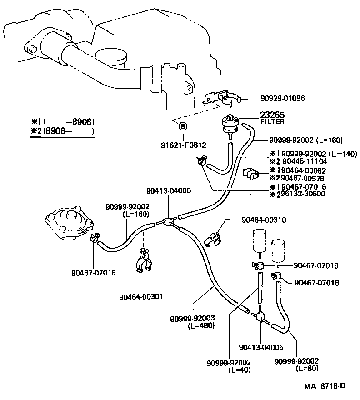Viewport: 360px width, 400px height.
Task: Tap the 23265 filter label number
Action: click(x=272, y=115)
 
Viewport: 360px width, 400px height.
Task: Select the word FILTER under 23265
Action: click(x=272, y=121)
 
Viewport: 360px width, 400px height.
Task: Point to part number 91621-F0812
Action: click(x=183, y=145)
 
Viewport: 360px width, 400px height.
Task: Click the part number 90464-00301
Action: click(x=141, y=296)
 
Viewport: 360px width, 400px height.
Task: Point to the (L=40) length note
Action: click(x=240, y=370)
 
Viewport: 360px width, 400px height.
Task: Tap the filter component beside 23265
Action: click(x=231, y=124)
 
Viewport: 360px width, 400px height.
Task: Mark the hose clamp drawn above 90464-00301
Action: click(x=143, y=264)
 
